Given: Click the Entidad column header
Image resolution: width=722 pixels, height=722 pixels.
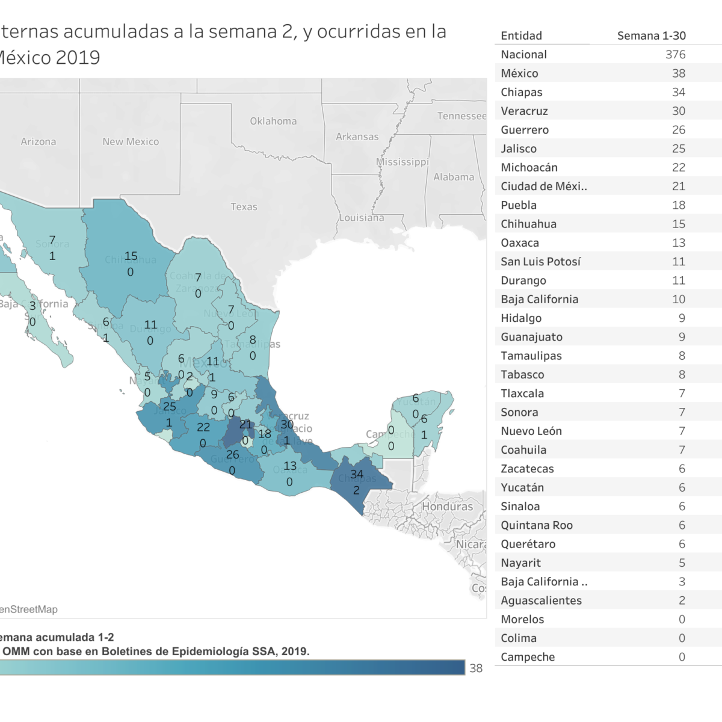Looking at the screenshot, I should [521, 35].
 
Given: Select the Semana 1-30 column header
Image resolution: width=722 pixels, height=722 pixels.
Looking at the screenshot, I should [651, 35].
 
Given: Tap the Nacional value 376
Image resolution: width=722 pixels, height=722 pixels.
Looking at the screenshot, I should [675, 54].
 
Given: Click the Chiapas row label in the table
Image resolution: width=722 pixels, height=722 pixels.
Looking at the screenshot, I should [521, 92].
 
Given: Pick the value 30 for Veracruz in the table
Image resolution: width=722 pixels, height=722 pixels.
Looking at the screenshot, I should [678, 111].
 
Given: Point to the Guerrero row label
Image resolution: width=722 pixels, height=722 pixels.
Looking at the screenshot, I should [525, 129].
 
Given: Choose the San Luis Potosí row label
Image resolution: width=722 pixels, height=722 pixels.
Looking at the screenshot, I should [540, 261].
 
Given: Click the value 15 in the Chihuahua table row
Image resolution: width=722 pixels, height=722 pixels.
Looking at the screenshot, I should [678, 224].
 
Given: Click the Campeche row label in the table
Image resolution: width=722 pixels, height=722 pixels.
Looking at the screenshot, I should [528, 657].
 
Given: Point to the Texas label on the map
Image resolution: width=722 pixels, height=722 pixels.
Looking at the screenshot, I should [244, 207].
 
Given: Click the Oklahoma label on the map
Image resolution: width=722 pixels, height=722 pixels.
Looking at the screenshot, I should [273, 121].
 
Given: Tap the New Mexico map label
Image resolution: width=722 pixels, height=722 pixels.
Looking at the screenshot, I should [131, 141].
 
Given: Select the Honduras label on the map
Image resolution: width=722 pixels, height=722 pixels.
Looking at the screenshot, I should [447, 506].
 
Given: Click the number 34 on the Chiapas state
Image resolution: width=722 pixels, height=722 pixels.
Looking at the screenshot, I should [357, 474].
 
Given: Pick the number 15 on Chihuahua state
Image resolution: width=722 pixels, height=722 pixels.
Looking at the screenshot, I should [131, 256].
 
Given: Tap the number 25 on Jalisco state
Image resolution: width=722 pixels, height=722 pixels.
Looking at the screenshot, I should [170, 407].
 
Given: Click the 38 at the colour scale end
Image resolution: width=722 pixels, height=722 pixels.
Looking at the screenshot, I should [476, 668].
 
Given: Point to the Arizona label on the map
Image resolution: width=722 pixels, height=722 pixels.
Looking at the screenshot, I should [39, 141].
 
